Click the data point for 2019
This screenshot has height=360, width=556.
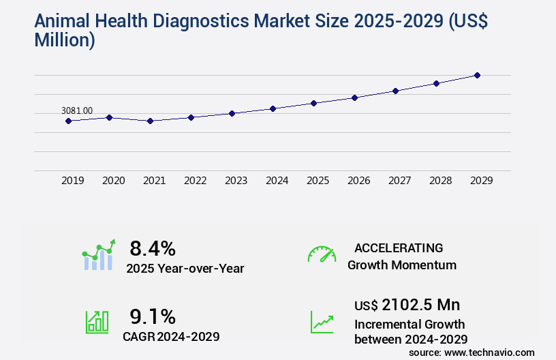68,121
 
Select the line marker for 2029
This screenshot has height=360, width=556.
477,75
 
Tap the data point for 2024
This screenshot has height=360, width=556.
273,108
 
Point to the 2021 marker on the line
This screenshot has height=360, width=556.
150,121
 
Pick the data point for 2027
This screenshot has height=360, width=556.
395,91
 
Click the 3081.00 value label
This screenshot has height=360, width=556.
77,110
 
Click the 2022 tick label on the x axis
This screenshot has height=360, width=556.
195,181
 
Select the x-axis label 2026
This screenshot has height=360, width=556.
358,181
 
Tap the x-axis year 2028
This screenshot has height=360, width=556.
440,181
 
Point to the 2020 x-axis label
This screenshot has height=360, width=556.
113,181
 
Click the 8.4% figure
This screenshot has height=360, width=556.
153,247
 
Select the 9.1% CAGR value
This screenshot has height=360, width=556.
153,316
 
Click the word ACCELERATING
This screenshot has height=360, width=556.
399,247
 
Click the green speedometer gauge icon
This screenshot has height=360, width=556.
322,254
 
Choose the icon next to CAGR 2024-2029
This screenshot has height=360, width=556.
96,322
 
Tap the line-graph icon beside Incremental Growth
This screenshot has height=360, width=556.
322,322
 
